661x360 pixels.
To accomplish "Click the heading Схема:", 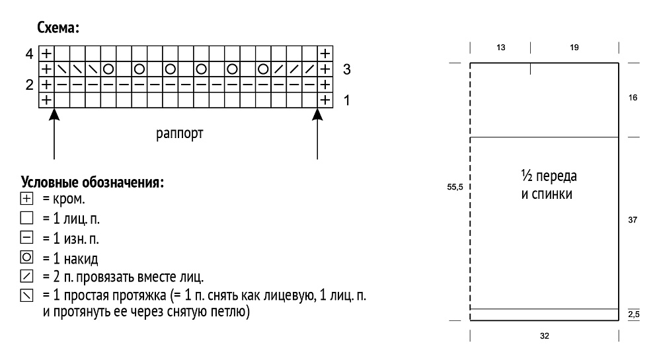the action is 58,28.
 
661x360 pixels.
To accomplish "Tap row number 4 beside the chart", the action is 29,54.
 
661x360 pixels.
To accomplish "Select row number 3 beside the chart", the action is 346,69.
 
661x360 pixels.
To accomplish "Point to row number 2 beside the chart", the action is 29,85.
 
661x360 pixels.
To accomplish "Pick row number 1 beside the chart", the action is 346,100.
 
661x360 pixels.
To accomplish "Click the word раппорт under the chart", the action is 180,133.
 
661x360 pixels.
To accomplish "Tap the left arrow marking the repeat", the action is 54,133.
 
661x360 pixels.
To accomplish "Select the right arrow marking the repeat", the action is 317,133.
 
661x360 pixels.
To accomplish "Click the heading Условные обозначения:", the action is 93,182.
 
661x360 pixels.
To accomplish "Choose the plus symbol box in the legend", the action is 26,198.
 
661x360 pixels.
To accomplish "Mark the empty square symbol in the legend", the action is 26,218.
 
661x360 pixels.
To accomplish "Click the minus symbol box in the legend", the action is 26,238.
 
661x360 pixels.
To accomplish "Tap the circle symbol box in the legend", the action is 26,257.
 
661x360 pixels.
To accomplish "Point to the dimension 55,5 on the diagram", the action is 455,187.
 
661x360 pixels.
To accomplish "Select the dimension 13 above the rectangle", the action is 501,48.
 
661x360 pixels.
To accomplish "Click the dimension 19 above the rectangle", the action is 574,48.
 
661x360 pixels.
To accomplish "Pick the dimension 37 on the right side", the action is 633,220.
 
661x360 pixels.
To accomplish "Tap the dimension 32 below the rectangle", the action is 544,336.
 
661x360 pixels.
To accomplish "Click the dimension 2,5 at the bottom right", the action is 634,314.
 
